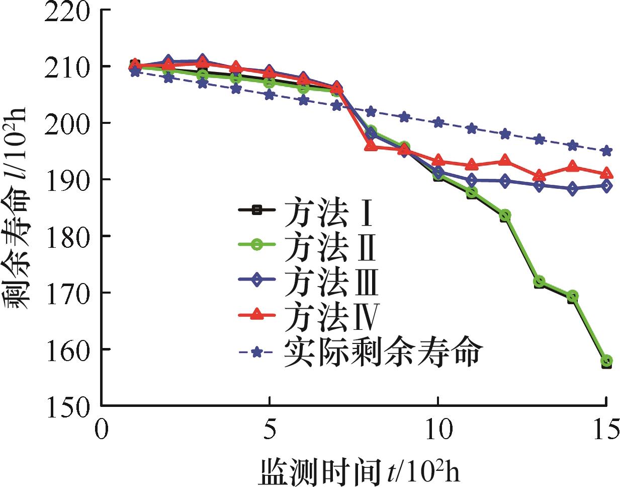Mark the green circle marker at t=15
606,361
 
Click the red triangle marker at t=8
371,146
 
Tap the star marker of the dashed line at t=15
606,151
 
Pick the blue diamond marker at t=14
573,189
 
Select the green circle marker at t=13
539,282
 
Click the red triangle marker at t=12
505,161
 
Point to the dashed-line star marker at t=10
438,122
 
